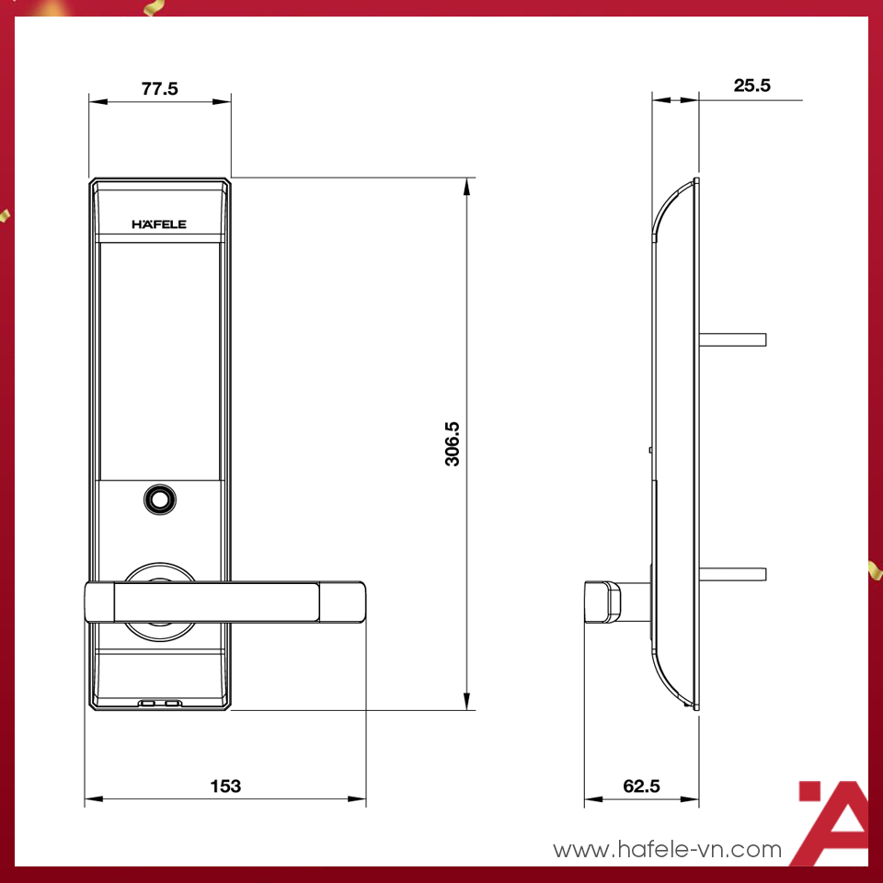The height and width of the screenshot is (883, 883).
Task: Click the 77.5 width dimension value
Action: click(x=159, y=88)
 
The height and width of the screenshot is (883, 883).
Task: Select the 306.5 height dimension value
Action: click(x=453, y=444)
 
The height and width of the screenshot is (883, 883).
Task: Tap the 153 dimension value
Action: click(x=225, y=786)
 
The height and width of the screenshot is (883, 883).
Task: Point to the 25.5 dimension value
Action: click(x=751, y=86)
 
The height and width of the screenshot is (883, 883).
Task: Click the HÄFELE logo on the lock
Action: click(x=159, y=224)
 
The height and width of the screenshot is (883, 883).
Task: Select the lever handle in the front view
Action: click(x=225, y=602)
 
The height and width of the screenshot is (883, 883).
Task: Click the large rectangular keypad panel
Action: click(x=159, y=359)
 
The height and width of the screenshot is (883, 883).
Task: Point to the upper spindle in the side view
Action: click(x=733, y=339)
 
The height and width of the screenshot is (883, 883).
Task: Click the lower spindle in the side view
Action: click(x=733, y=575)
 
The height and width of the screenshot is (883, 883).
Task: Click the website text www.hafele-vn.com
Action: click(x=667, y=850)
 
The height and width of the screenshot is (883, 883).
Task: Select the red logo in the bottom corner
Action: click(x=831, y=821)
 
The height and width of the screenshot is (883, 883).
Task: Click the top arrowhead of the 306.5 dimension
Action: click(x=467, y=186)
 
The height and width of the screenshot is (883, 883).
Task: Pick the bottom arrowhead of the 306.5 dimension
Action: click(x=467, y=701)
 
